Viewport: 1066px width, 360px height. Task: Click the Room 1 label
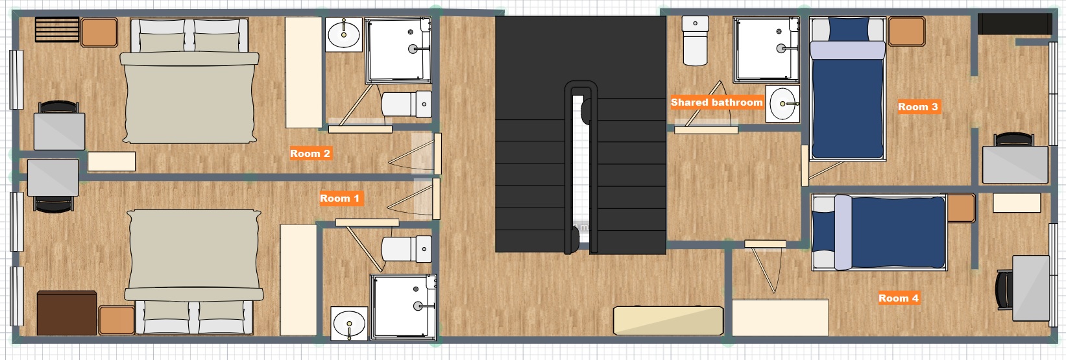pos(339,198)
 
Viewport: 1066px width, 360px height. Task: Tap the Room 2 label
pos(309,154)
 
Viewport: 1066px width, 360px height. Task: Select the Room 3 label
pos(918,107)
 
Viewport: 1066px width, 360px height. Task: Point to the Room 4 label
pos(899,298)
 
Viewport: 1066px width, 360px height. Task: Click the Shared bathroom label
pos(717,102)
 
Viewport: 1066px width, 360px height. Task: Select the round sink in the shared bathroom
pos(782,104)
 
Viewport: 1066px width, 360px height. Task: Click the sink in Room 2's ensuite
pos(344,34)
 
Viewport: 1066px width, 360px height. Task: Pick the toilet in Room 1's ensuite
pos(407,248)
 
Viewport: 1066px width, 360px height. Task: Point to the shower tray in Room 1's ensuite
pos(403,307)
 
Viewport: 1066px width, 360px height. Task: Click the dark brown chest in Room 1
pos(67,313)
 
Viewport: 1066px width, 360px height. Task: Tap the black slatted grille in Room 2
pos(57,29)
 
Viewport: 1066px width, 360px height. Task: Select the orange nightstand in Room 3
pos(906,31)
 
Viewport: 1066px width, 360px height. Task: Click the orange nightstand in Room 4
pos(961,208)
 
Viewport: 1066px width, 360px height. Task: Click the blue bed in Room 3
pos(847,88)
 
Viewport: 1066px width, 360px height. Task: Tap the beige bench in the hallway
pos(668,321)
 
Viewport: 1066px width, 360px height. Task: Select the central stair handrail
pos(581,167)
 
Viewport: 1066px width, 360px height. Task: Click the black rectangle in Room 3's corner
pos(1015,24)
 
